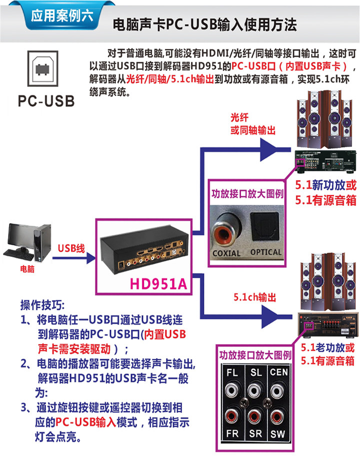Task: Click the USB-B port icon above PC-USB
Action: pos(42,68)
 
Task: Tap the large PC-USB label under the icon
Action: pos(46,101)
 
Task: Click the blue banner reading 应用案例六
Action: pos(62,15)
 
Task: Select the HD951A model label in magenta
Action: pos(158,284)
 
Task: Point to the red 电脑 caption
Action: pos(27,269)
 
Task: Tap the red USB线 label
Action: pos(71,248)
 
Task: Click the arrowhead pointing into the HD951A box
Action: pos(91,258)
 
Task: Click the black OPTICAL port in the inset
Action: pos(264,226)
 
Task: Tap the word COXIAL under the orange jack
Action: pos(226,253)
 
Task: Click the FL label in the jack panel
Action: pos(232,373)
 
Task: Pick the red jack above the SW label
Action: pos(277,417)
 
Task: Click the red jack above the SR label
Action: pos(255,417)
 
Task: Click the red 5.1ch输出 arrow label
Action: pos(255,297)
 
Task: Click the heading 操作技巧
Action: pos(42,305)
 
